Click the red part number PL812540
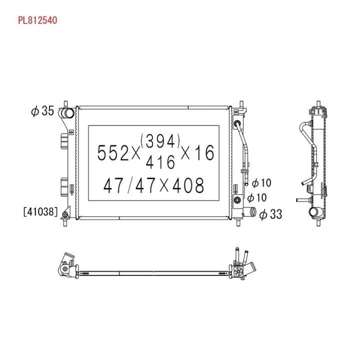pyautogui.click(x=37, y=20)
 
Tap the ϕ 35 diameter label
pyautogui.click(x=42, y=111)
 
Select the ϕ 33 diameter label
pyautogui.click(x=270, y=214)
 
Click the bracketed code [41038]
pyautogui.click(x=40, y=211)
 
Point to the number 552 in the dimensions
pyautogui.click(x=113, y=153)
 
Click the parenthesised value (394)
pyautogui.click(x=160, y=141)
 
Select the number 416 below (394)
pyautogui.click(x=160, y=162)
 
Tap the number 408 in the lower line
pyautogui.click(x=188, y=185)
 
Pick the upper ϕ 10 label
pyautogui.click(x=261, y=183)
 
